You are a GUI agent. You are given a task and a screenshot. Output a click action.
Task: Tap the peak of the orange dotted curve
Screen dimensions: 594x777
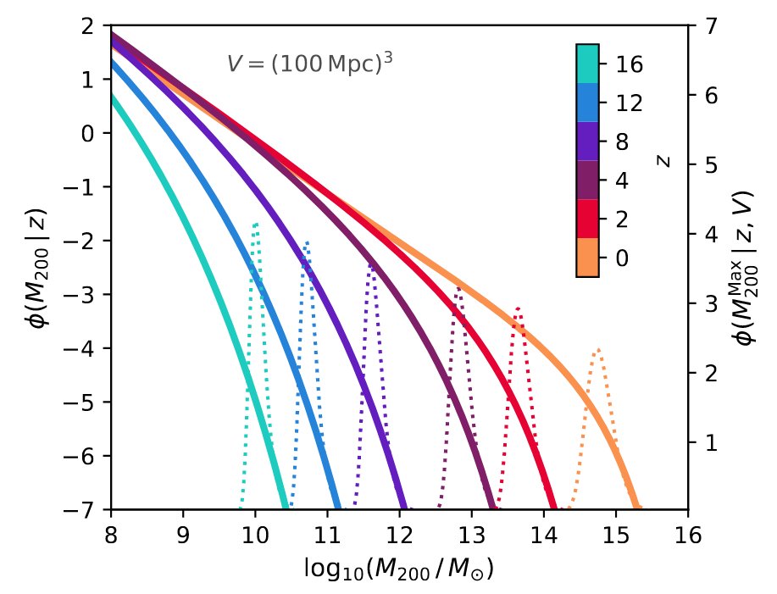(x=598, y=349)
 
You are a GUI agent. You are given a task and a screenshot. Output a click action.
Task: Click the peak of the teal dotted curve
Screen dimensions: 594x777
(x=256, y=224)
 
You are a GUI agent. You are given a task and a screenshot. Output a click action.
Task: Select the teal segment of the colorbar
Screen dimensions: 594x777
(x=587, y=64)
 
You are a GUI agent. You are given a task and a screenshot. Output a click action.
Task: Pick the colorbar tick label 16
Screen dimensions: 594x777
(x=628, y=64)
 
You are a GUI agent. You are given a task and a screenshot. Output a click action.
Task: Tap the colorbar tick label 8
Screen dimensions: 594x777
(x=622, y=142)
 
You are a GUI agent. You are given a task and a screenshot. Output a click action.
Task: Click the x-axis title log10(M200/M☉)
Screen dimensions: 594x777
(x=398, y=567)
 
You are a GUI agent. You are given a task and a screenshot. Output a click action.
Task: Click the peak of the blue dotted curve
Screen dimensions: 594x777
(x=307, y=242)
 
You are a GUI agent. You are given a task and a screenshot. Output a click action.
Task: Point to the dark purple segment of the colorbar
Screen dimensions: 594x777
(x=587, y=180)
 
